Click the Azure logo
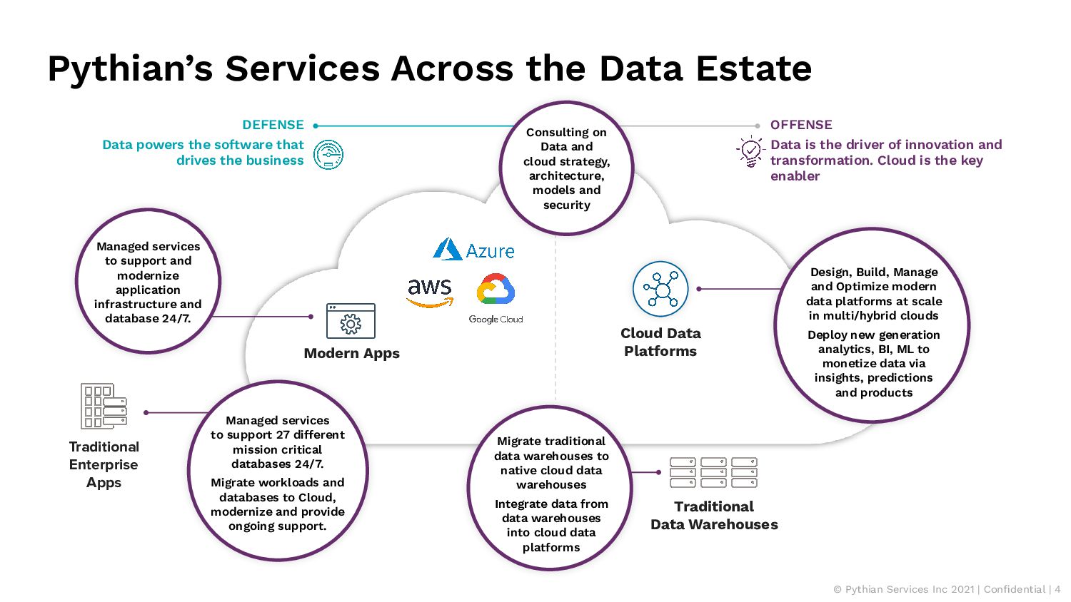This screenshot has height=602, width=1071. pyautogui.click(x=473, y=249)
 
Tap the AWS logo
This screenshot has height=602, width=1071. pyautogui.click(x=429, y=292)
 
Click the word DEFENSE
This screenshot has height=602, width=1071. pyautogui.click(x=273, y=125)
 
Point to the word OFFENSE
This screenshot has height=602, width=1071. pyautogui.click(x=801, y=125)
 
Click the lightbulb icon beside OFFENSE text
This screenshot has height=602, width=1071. pyautogui.click(x=750, y=151)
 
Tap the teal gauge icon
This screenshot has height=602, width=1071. pyautogui.click(x=328, y=155)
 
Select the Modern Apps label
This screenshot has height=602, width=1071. pyautogui.click(x=351, y=353)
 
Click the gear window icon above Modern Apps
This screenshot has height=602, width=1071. pyautogui.click(x=351, y=320)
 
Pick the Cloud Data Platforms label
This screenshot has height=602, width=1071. pyautogui.click(x=660, y=342)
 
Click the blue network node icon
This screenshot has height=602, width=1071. pyautogui.click(x=660, y=289)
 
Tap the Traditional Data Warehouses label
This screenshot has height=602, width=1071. pyautogui.click(x=714, y=516)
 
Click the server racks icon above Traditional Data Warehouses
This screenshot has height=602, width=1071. pyautogui.click(x=713, y=472)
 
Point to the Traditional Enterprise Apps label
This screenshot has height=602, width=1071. pyautogui.click(x=104, y=464)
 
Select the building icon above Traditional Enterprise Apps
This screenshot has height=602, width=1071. pyautogui.click(x=104, y=406)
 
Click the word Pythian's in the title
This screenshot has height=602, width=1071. pyautogui.click(x=130, y=69)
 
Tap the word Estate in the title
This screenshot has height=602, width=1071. pyautogui.click(x=753, y=68)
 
